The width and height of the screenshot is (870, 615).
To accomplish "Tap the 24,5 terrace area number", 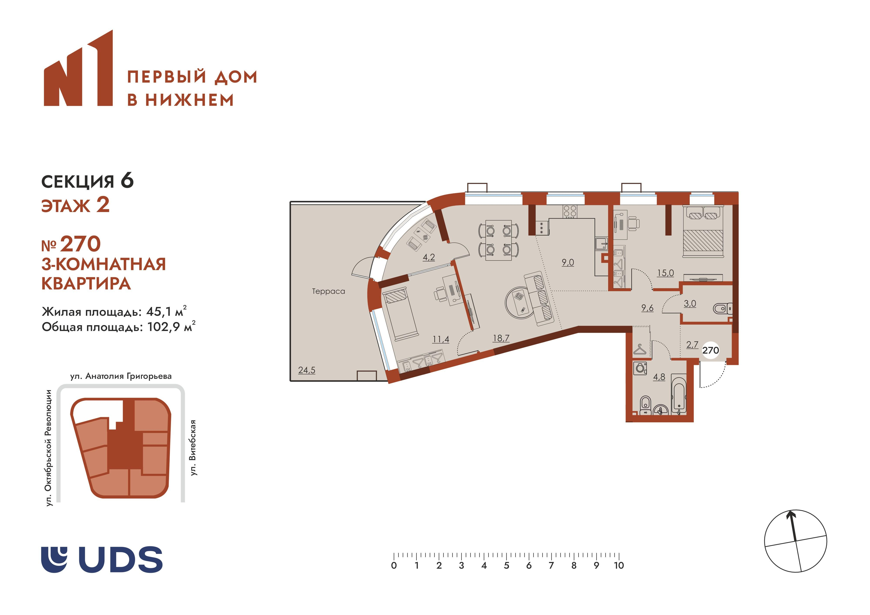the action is (306, 370).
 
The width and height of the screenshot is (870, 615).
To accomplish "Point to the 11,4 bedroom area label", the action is (441, 339).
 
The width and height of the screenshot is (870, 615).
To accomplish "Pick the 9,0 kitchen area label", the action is (568, 262).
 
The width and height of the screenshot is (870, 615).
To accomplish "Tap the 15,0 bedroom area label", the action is (665, 273).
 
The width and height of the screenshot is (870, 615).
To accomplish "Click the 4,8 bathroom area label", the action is (659, 377).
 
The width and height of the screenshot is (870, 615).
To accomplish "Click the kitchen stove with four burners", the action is (570, 211).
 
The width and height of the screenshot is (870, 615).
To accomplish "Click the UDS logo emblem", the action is (54, 560).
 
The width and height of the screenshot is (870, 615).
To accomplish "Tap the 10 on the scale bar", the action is (619, 566).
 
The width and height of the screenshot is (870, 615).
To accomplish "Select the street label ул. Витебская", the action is (193, 448).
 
